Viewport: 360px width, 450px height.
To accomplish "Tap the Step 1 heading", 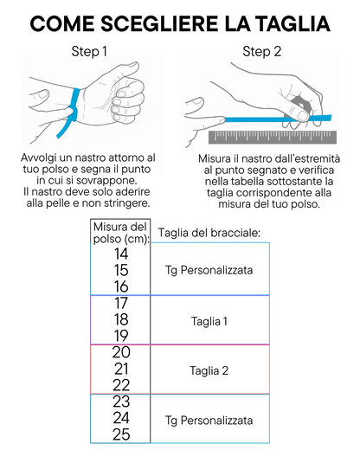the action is point(89,52).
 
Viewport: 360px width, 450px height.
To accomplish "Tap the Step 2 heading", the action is point(261,52).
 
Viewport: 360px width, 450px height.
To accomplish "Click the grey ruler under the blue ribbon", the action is point(273,138).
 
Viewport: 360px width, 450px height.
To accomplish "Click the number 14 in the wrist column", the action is point(121,254).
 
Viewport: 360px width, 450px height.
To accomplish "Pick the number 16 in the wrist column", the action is point(121,286).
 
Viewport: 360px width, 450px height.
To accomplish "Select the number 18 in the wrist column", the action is point(121,319).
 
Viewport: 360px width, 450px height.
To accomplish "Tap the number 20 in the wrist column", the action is point(121,352).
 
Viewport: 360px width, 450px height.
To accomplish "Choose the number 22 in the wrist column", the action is point(121,385).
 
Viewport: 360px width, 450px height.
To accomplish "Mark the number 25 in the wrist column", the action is point(121,434).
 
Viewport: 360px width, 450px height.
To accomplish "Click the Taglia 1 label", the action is point(209,321).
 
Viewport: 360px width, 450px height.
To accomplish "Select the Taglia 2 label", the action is point(209,370).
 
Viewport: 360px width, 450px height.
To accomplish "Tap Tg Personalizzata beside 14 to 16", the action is point(209,270).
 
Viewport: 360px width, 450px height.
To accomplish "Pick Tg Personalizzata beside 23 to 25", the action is point(209,421).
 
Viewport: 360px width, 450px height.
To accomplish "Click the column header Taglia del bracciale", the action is point(209,233).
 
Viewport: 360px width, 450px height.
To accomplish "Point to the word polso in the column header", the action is point(104,240).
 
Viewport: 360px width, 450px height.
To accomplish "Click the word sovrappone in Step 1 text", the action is point(106,181).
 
